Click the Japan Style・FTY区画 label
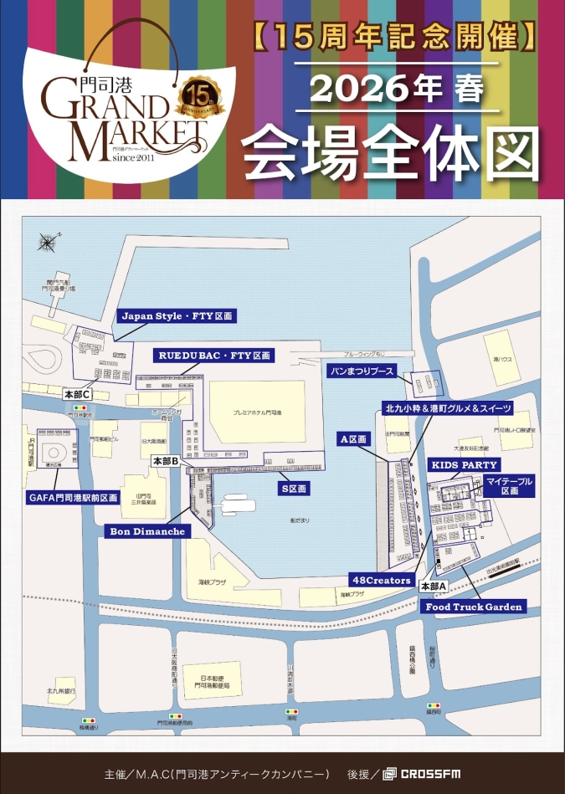(x=177, y=316)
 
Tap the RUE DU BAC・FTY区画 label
(x=215, y=356)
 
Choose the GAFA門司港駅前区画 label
(x=74, y=498)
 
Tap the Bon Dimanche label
(x=148, y=530)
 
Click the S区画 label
(x=294, y=488)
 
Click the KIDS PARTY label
(x=464, y=464)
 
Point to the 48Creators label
(x=380, y=580)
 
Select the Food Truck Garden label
(x=473, y=607)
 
